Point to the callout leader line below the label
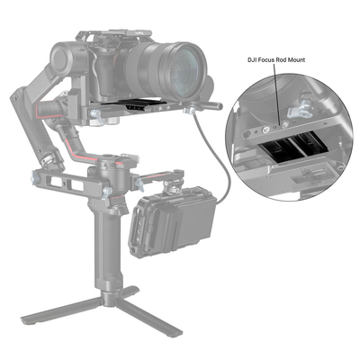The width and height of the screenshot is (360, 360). pyautogui.click(x=278, y=90)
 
